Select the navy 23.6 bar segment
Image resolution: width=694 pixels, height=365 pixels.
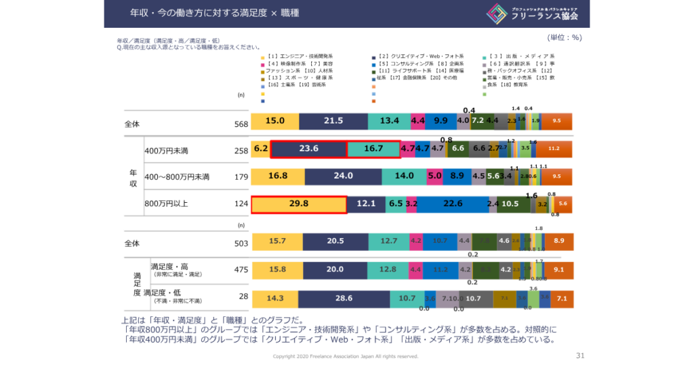pyautogui.click(x=308, y=149)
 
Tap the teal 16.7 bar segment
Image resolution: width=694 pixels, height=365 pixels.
pyautogui.click(x=373, y=149)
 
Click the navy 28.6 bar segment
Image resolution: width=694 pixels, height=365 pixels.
pyautogui.click(x=344, y=299)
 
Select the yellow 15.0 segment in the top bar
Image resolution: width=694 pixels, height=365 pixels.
pyautogui.click(x=274, y=121)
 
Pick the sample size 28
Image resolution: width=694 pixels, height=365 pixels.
pyautogui.click(x=241, y=296)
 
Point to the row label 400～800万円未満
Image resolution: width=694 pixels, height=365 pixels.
pyautogui.click(x=177, y=177)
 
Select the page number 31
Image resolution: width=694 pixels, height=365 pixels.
pyautogui.click(x=579, y=355)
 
